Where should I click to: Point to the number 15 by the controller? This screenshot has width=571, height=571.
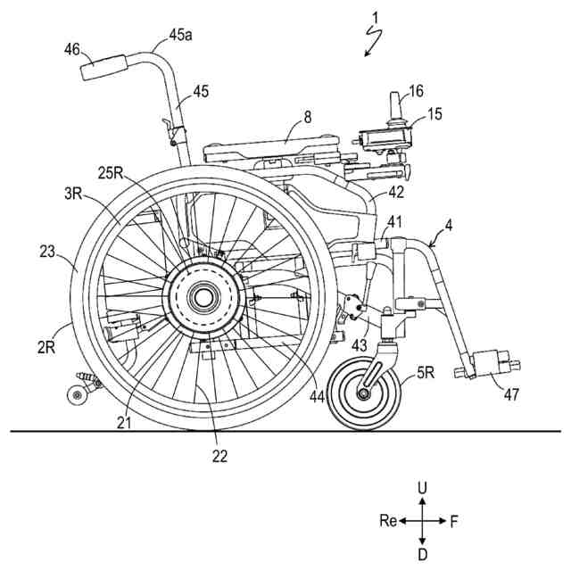coord(434,114)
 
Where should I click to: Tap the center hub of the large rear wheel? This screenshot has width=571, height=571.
coord(204,295)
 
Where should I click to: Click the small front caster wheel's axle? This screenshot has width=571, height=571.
coord(365,392)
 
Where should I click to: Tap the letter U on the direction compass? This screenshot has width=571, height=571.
coord(423,487)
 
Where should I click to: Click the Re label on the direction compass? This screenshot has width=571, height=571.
coord(386,521)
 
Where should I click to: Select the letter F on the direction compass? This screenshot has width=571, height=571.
coord(453,521)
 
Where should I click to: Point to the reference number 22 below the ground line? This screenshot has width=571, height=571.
coord(219,456)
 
